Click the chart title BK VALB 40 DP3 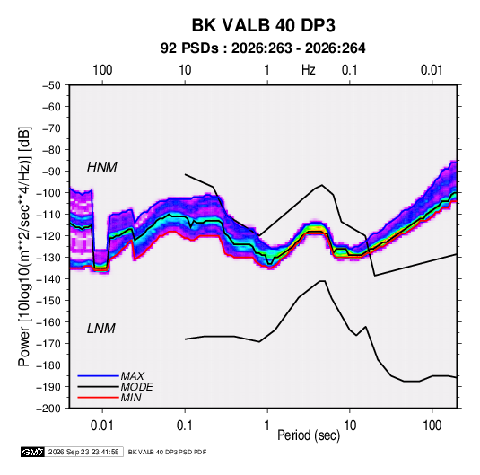pos(263,25)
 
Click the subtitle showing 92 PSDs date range pos(263,48)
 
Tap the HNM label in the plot pos(102,167)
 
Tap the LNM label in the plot pos(101,329)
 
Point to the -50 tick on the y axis pos(51,85)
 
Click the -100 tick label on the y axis pos(48,193)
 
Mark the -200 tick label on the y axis pos(48,409)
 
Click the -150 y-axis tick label pos(48,301)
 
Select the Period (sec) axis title pos(309,435)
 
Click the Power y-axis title pos(24,247)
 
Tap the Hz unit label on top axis pos(308,70)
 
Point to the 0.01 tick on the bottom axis pos(102,426)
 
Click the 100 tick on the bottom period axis pos(432,426)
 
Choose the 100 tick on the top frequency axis pos(102,70)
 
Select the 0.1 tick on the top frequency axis pos(349,70)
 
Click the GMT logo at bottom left pos(32,452)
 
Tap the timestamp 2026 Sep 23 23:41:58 pos(83,452)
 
